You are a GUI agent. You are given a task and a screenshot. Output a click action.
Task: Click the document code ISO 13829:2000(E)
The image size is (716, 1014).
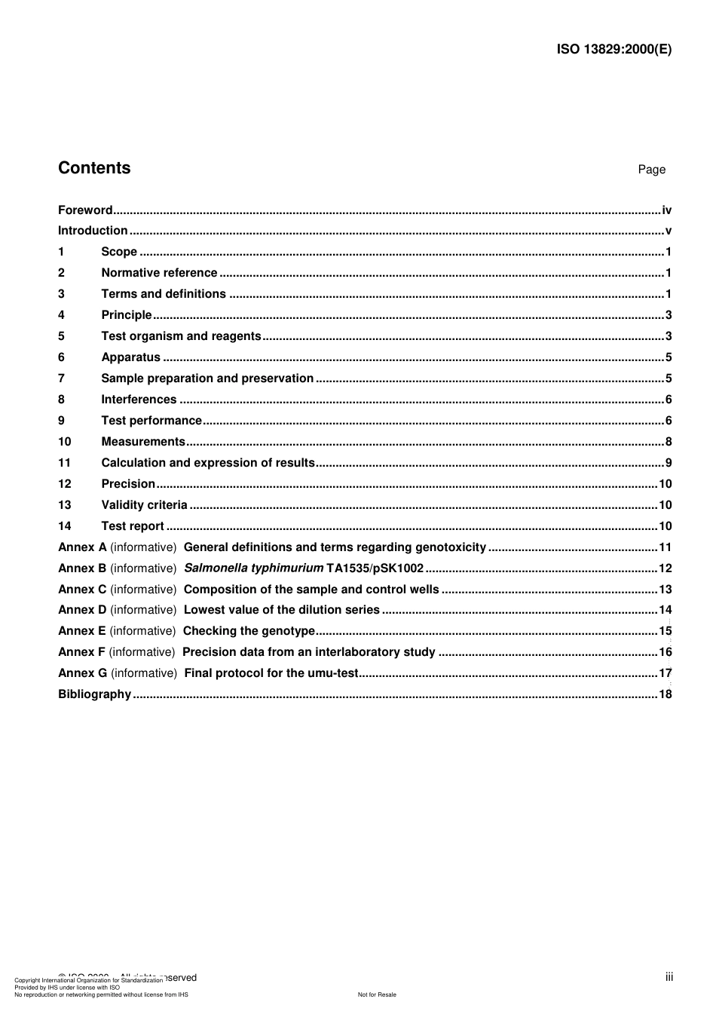coord(613,50)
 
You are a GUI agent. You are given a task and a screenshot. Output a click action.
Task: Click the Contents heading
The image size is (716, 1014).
coord(94,168)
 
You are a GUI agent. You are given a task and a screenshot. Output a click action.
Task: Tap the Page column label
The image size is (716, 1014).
coord(651,170)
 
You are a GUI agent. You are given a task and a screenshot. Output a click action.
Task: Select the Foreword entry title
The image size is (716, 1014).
coord(85,210)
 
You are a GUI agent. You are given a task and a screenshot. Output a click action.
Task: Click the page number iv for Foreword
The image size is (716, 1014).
coord(666,210)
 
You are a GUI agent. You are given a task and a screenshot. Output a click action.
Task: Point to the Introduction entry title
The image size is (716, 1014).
coord(93,231)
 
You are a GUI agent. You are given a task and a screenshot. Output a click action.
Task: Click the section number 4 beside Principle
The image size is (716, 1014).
coord(61,315)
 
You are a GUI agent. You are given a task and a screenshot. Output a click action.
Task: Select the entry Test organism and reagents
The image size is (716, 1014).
coord(181,336)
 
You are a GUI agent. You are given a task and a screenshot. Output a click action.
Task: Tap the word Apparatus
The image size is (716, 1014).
coord(130,357)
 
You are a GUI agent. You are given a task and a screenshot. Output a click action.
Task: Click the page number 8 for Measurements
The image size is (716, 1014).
coord(669,442)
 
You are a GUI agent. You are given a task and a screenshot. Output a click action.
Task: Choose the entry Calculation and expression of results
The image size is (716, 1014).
coord(208,463)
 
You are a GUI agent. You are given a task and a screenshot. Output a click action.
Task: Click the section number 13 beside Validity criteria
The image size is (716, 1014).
coord(65,505)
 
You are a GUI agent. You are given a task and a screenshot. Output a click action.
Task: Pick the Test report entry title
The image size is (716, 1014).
coord(133,526)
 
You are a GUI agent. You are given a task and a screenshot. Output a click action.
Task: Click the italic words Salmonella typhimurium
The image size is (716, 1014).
coord(253,568)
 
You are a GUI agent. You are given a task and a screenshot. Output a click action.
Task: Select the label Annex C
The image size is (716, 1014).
coord(82,590)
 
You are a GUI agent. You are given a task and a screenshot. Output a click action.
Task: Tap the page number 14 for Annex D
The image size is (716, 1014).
coord(665,610)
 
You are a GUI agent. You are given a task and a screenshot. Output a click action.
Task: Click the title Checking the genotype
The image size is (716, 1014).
coord(249,631)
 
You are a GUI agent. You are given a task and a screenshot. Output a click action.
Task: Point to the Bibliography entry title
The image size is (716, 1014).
coord(94,694)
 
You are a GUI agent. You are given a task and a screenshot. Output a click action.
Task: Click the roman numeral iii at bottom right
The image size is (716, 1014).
coord(669,977)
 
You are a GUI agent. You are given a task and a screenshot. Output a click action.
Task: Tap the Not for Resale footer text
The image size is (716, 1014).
coord(377,994)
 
